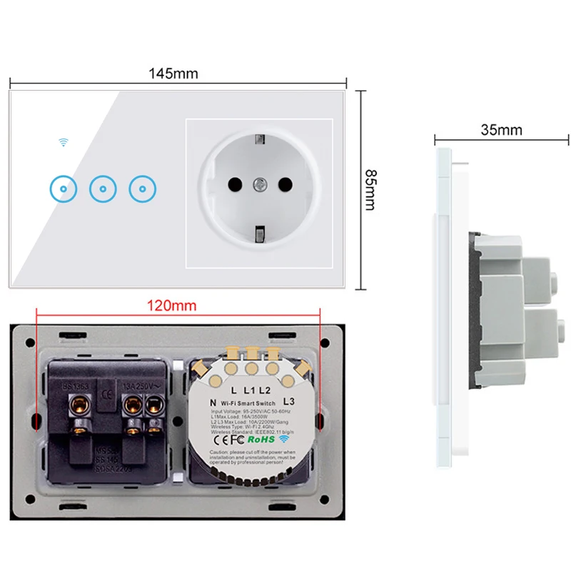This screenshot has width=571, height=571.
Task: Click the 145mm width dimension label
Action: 173,74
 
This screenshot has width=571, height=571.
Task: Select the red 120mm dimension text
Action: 171,305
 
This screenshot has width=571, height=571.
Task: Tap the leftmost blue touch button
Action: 64,189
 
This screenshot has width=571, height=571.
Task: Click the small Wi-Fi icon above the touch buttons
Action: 64,142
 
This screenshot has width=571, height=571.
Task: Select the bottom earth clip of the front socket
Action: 260,233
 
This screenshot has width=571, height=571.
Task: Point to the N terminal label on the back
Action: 213,403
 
